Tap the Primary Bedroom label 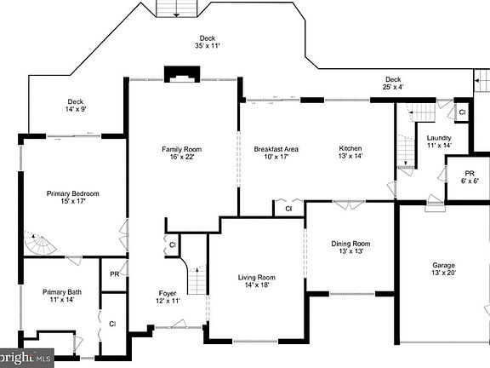[x=73, y=198]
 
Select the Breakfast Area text [x=276, y=154]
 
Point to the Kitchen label [x=350, y=154]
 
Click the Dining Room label [x=350, y=248]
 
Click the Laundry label [x=439, y=141]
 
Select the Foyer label [x=168, y=296]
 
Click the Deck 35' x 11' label [x=208, y=43]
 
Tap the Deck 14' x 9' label [x=77, y=105]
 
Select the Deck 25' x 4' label [x=392, y=83]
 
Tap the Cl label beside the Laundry [x=462, y=112]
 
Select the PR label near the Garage [x=469, y=175]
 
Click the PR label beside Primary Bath [x=114, y=274]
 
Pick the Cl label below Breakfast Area [x=288, y=208]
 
